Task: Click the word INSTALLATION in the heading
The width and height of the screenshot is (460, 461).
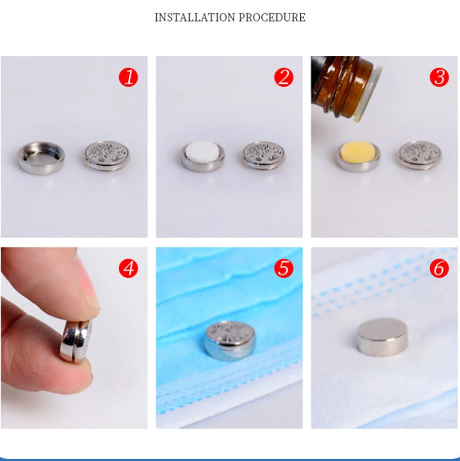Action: (x=195, y=18)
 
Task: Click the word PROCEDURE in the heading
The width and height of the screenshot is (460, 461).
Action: (x=272, y=18)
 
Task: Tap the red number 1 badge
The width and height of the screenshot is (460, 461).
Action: (x=128, y=77)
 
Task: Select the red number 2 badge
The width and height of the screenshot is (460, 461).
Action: (x=284, y=77)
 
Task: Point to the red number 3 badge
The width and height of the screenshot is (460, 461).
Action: (x=439, y=77)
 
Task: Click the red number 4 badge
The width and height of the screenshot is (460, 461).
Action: (x=128, y=268)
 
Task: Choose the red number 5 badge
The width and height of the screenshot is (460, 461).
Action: (x=284, y=268)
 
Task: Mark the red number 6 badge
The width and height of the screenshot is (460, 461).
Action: (x=439, y=268)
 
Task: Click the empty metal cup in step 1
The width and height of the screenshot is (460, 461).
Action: (x=41, y=158)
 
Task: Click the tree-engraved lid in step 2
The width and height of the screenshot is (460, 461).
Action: (x=264, y=156)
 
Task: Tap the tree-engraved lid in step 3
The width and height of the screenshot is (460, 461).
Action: (x=420, y=156)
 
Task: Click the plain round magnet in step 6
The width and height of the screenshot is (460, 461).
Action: (x=382, y=337)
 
